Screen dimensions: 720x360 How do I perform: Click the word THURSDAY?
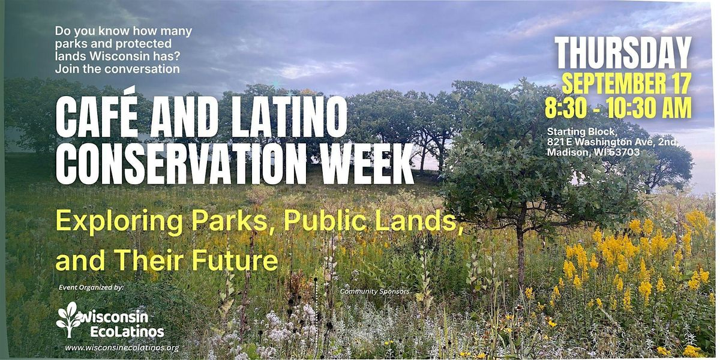click(x=623, y=53)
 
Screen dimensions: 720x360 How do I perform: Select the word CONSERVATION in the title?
click(x=181, y=164)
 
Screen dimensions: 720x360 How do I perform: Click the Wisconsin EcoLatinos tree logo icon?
click(x=69, y=319)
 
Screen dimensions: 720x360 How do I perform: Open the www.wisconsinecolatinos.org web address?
click(x=122, y=348)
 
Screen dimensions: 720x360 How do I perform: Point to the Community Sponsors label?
click(x=375, y=291)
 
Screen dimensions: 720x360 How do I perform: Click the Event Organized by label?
click(x=91, y=287)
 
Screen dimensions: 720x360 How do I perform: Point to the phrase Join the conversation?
click(x=118, y=69)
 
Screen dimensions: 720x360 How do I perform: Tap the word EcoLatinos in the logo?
click(x=127, y=332)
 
